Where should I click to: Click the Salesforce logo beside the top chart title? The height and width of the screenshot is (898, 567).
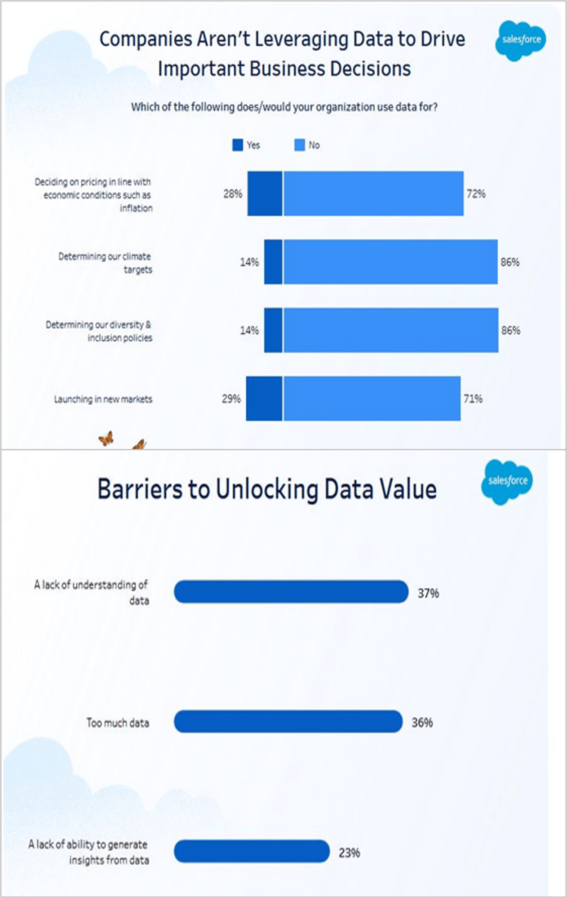[x=520, y=40]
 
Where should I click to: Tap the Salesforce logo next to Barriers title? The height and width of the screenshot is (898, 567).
[x=507, y=481]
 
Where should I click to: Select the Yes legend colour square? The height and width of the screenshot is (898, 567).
[x=237, y=145]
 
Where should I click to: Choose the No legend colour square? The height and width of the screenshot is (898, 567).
[x=299, y=145]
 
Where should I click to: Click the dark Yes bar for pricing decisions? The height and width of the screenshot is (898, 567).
[x=265, y=194]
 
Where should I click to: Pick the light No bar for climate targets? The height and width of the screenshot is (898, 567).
[x=390, y=262]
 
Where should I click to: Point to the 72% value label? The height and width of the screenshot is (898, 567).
[x=476, y=194]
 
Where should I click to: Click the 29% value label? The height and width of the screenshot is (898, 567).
[x=231, y=399]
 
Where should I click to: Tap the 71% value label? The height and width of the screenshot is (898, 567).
[x=473, y=399]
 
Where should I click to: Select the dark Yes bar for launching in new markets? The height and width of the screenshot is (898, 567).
[x=264, y=399]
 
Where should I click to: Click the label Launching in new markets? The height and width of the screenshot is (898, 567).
[x=103, y=399]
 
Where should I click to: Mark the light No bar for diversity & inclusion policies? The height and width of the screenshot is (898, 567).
[x=390, y=330]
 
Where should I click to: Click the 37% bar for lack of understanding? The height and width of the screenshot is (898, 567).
[x=291, y=592]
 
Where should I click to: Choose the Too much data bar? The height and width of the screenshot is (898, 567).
[x=288, y=722]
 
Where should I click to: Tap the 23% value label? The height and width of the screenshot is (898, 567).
[x=349, y=853]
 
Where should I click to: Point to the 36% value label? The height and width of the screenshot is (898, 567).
[x=422, y=722]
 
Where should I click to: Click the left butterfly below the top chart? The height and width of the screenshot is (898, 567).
[x=106, y=438]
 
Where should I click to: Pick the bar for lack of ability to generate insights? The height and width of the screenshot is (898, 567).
[x=252, y=851]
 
